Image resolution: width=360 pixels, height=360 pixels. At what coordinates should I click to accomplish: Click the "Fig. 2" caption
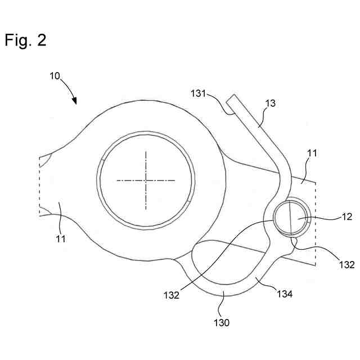click(25, 40)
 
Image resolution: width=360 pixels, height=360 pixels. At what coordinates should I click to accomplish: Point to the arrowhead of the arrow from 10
click(75, 102)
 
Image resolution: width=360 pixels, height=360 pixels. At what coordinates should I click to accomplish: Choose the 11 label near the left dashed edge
click(61, 238)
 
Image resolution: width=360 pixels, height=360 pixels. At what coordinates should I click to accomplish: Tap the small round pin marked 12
click(291, 219)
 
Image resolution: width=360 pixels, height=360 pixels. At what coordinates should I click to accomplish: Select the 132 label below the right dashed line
click(347, 264)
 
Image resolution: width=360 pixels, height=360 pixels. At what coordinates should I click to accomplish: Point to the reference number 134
click(285, 292)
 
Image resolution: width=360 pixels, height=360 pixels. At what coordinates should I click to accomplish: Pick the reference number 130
click(222, 323)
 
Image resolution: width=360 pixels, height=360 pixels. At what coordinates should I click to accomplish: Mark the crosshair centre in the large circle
click(146, 180)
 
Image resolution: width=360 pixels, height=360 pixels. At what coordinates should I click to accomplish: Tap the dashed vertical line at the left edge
click(39, 186)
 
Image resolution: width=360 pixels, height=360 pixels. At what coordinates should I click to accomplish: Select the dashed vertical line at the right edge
click(316, 225)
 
